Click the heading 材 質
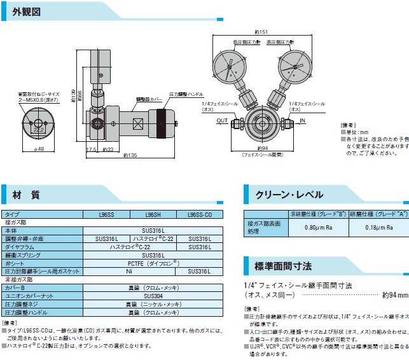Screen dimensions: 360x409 coord(26,194)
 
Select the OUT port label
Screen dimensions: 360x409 coord(222,120)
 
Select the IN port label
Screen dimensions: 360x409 coord(302,120)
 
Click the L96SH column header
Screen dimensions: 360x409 coord(153,215)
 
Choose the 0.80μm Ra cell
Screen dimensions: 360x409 coord(316,227)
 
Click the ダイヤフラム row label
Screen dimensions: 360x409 coord(20,246)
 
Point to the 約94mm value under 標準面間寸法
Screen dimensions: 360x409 coord(395,295)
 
